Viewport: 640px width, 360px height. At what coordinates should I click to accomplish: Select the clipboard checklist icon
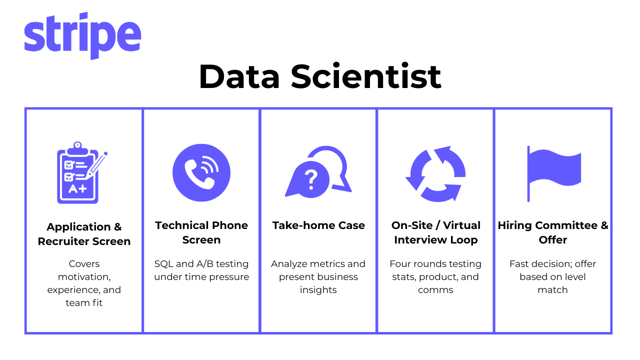click(82, 172)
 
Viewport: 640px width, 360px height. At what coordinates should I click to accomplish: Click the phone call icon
click(201, 172)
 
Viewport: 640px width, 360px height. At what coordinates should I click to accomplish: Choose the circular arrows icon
click(435, 173)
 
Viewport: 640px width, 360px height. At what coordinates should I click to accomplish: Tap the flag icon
click(553, 173)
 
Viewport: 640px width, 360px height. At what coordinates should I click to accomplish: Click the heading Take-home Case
click(318, 225)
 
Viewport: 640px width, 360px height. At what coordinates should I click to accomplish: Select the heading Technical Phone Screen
click(201, 232)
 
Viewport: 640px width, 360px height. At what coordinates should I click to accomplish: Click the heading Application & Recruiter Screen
click(84, 234)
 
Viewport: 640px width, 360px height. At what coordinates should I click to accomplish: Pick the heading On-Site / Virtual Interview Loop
click(435, 232)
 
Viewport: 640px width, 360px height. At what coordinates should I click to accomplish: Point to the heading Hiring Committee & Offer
click(553, 232)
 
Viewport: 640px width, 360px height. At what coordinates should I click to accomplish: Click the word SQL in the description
click(163, 263)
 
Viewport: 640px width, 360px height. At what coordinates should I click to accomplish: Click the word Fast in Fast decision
click(520, 263)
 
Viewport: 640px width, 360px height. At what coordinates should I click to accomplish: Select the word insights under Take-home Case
click(318, 290)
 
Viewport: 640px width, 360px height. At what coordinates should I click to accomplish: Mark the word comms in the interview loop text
click(435, 290)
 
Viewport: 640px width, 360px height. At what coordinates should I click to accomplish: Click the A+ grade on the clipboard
click(77, 189)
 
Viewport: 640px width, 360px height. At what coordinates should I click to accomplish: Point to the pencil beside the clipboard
click(96, 165)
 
